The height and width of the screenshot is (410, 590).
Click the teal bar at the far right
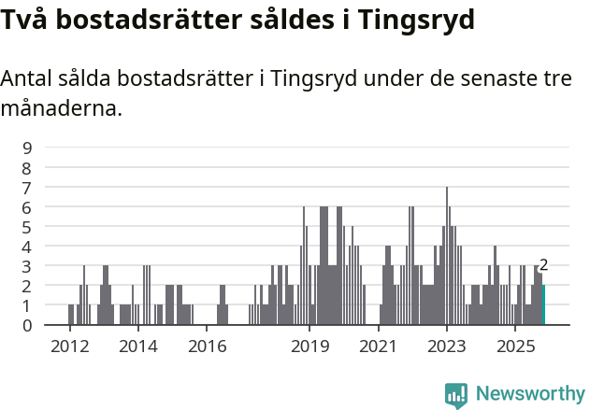(543, 305)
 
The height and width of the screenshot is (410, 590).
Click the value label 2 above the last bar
(543, 265)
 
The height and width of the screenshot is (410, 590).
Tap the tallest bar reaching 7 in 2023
(447, 256)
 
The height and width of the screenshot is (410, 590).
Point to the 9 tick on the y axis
(28, 148)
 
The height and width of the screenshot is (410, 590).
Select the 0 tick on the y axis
(28, 325)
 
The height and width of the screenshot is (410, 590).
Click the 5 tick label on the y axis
(28, 226)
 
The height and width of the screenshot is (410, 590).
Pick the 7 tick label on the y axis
(28, 187)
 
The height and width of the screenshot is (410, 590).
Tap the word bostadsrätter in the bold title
(128, 20)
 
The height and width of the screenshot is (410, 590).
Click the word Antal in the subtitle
(25, 79)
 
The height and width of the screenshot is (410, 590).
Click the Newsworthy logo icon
(456, 395)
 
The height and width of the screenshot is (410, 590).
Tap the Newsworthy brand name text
(530, 395)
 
